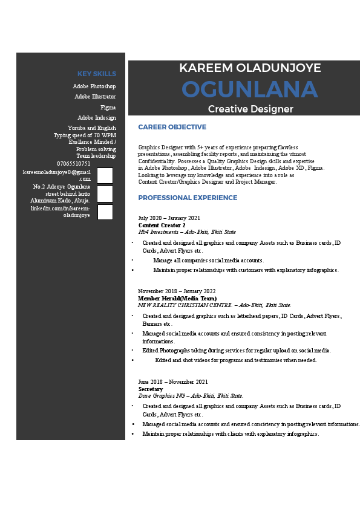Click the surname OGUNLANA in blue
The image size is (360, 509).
249,90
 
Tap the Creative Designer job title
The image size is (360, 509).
250,109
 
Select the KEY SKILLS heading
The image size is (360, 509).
97,74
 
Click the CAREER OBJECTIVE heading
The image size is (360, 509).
172,127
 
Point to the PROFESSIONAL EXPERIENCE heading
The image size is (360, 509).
188,198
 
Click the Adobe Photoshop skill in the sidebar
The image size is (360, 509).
94,86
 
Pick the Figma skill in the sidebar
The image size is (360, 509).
108,107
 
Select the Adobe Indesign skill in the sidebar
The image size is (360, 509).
97,118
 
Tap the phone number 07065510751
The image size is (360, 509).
74,163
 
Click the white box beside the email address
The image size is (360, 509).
105,175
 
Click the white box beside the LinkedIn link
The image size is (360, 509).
105,212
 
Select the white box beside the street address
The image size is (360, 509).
105,194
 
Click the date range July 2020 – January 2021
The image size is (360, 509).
169,218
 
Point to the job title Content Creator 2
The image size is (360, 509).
162,225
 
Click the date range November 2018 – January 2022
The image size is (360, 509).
177,291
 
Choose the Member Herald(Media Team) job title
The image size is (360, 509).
177,298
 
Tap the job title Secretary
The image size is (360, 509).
150,389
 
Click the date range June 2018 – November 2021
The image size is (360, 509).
172,381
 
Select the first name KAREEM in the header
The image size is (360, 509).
205,68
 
